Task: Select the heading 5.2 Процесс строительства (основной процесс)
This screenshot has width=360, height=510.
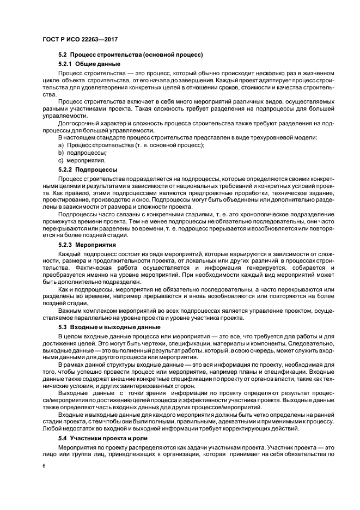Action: [x=131, y=54]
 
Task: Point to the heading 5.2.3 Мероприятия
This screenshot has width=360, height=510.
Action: [x=89, y=245]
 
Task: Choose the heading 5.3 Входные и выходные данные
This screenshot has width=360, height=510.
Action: [x=109, y=326]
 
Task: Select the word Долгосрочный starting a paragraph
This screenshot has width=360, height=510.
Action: [x=78, y=124]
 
